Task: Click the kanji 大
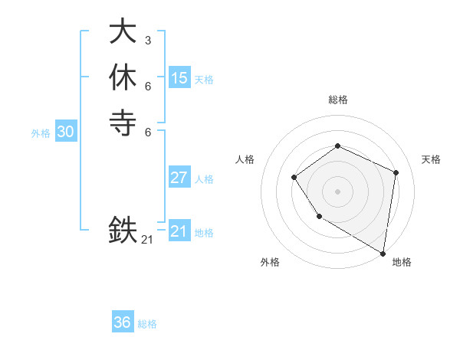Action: pyautogui.click(x=123, y=31)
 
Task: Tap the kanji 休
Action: pyautogui.click(x=123, y=77)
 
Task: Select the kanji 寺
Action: pyautogui.click(x=123, y=122)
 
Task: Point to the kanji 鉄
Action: pyautogui.click(x=123, y=229)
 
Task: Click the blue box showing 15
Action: pyautogui.click(x=179, y=78)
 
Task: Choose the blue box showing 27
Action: pyautogui.click(x=179, y=178)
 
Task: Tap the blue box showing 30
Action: pyautogui.click(x=66, y=132)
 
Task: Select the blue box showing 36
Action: pyautogui.click(x=123, y=322)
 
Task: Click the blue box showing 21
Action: pyautogui.click(x=179, y=231)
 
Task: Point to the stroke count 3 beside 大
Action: pyautogui.click(x=148, y=40)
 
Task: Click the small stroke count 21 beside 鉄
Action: pyautogui.click(x=147, y=240)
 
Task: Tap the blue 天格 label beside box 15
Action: pyautogui.click(x=204, y=80)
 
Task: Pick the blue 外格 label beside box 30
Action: pyautogui.click(x=41, y=133)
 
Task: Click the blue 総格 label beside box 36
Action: pyautogui.click(x=147, y=324)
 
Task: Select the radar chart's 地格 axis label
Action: pyautogui.click(x=402, y=262)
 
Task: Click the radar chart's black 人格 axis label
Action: pyautogui.click(x=245, y=159)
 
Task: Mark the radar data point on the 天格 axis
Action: pyautogui.click(x=396, y=172)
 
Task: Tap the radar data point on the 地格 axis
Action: pyautogui.click(x=383, y=253)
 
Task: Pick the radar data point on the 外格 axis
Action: pyautogui.click(x=319, y=218)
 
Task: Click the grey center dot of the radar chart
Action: pyautogui.click(x=337, y=191)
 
